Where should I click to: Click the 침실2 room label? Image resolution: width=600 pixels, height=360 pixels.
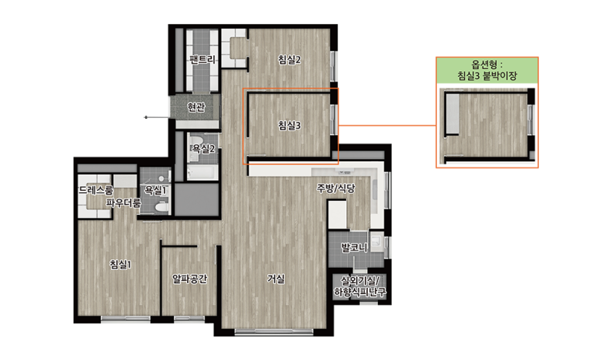[290, 60]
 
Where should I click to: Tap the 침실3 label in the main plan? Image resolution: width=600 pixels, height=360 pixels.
[290, 125]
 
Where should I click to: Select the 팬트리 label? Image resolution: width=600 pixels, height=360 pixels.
[203, 59]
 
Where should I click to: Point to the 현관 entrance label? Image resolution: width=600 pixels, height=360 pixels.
[196, 107]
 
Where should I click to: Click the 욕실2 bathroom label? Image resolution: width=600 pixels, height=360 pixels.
[203, 148]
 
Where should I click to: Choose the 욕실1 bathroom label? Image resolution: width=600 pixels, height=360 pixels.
[155, 190]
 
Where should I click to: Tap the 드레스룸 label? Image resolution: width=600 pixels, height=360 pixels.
[96, 190]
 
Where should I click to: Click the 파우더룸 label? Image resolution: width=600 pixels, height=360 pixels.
[123, 202]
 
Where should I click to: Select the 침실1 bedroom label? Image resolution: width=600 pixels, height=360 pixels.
[120, 264]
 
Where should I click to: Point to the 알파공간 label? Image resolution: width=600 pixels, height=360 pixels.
[190, 279]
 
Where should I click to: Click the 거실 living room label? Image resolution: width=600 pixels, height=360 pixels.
[276, 279]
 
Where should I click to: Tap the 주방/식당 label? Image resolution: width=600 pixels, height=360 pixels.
[335, 189]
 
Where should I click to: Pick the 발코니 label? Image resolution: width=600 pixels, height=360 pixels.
[355, 247]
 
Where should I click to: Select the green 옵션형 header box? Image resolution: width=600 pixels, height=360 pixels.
[487, 71]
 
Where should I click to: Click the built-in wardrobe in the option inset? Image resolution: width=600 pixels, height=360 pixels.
[453, 113]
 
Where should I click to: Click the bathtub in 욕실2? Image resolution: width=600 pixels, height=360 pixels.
[202, 172]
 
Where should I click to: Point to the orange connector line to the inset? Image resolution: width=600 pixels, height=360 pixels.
[387, 126]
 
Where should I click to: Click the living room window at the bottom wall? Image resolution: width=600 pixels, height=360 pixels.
[273, 331]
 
